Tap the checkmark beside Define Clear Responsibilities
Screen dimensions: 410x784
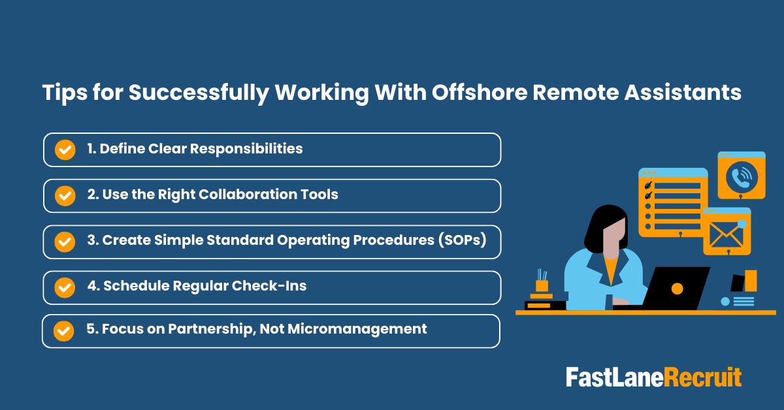coord(64,150)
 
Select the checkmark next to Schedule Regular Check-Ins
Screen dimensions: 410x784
coord(64,287)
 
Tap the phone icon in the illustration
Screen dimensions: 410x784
coord(741,176)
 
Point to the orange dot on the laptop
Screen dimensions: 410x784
coord(677,288)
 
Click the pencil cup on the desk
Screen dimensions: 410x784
coord(542,285)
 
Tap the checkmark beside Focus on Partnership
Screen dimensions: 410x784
coord(63,331)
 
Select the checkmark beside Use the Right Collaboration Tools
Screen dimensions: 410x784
coord(64,195)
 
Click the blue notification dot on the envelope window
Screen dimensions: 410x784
coord(742,224)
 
